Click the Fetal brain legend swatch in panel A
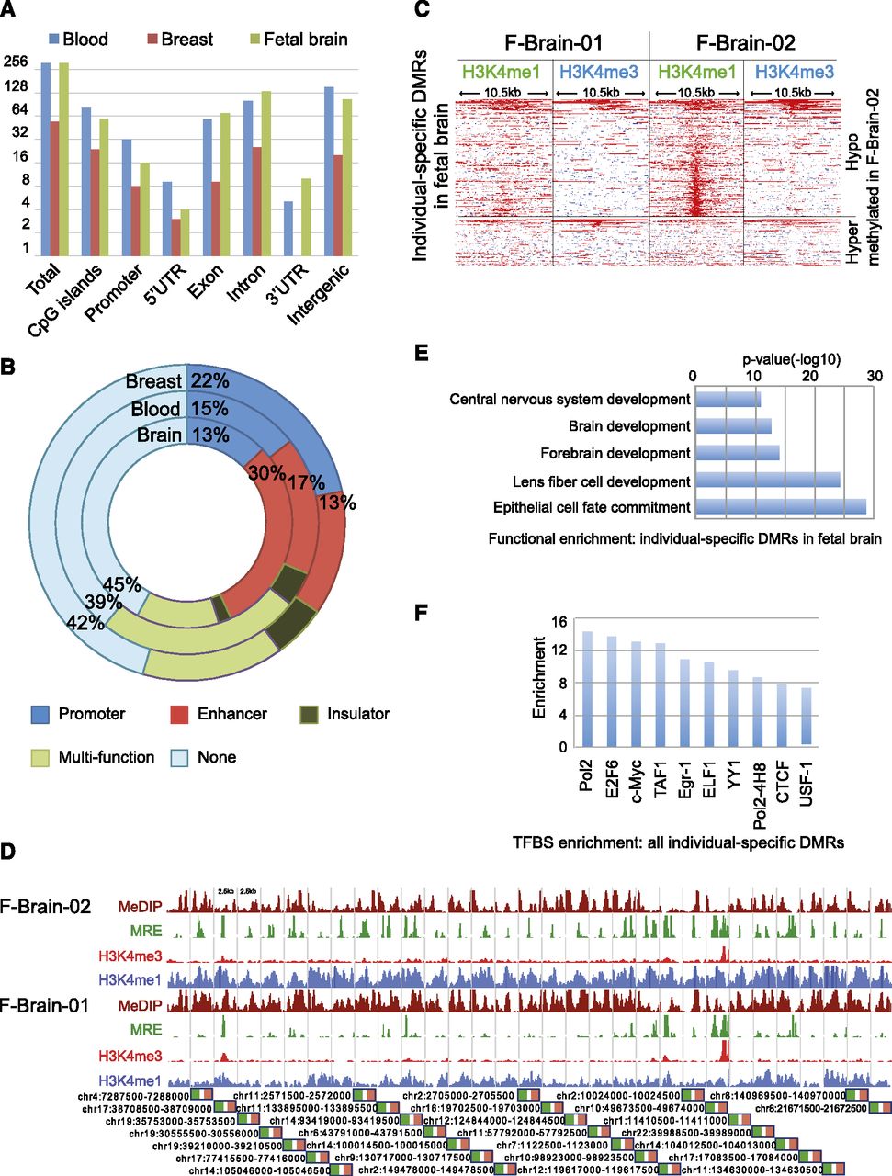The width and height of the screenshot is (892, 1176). pyautogui.click(x=255, y=40)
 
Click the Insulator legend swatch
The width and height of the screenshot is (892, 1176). pyautogui.click(x=313, y=714)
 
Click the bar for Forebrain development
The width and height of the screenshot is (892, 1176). pyautogui.click(x=737, y=453)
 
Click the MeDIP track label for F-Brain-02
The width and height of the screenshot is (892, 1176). pyautogui.click(x=143, y=907)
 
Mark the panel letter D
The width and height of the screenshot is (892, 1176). pyautogui.click(x=8, y=852)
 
